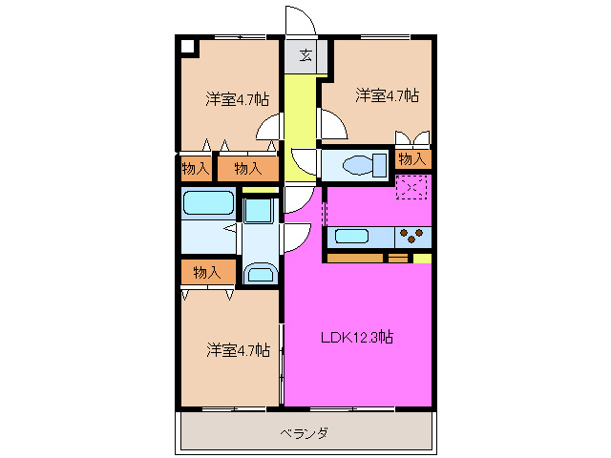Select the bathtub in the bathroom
pos(208,203)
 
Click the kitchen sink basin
pos(352,236)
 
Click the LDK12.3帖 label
pos(358,337)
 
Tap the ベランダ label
pos(305,433)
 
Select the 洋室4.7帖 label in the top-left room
pos(237,98)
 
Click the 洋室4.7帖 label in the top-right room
pos(387,95)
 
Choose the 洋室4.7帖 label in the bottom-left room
pos(237,350)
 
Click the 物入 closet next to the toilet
pos(412,159)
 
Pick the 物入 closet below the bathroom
pos(207,272)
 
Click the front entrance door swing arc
pos(299,21)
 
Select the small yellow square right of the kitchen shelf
pos(422,257)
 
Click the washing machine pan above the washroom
pos(258,209)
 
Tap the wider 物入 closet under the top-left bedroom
pos(247,169)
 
